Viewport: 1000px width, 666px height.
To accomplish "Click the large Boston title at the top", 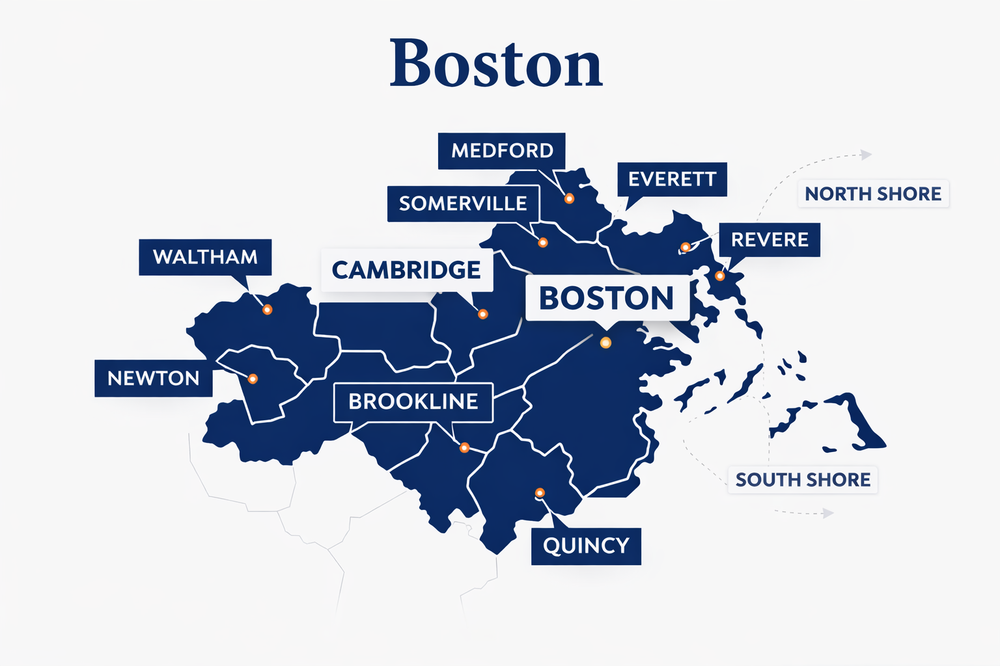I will click(x=496, y=63).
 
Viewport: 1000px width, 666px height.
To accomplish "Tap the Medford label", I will click(x=501, y=151).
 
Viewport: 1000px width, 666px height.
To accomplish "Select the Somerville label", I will click(x=463, y=204).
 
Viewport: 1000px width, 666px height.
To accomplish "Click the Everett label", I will click(x=672, y=179).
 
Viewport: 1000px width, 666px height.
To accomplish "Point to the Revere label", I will click(x=770, y=239).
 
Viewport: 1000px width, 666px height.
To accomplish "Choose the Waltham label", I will click(x=205, y=257).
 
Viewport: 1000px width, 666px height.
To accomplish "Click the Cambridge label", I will click(x=406, y=270).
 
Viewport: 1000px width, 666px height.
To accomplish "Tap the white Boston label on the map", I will click(x=606, y=298).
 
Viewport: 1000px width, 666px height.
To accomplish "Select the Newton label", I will click(x=153, y=378).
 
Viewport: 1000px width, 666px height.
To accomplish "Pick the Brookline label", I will click(x=413, y=401).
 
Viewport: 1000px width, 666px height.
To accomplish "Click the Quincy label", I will click(x=586, y=546).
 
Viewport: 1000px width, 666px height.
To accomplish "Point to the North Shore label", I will click(x=873, y=194).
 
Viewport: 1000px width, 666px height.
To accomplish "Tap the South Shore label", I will click(x=803, y=480).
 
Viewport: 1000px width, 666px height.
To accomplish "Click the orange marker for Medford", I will click(x=569, y=198).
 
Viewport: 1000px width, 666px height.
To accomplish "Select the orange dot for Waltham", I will click(x=267, y=310).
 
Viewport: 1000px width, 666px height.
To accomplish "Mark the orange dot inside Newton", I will click(x=253, y=379).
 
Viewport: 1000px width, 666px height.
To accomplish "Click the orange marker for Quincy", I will click(x=540, y=492).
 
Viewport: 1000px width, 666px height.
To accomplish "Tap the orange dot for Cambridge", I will click(x=482, y=314).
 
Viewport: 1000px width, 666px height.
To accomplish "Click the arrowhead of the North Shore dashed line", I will click(x=866, y=155).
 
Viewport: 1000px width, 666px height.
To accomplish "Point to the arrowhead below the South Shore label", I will click(x=828, y=513).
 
